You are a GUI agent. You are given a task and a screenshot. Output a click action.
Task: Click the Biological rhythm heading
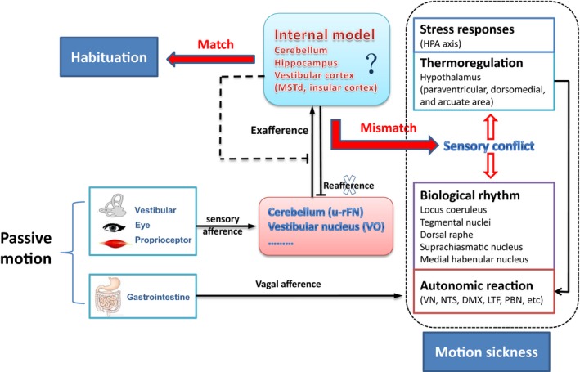(x=472, y=197)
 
